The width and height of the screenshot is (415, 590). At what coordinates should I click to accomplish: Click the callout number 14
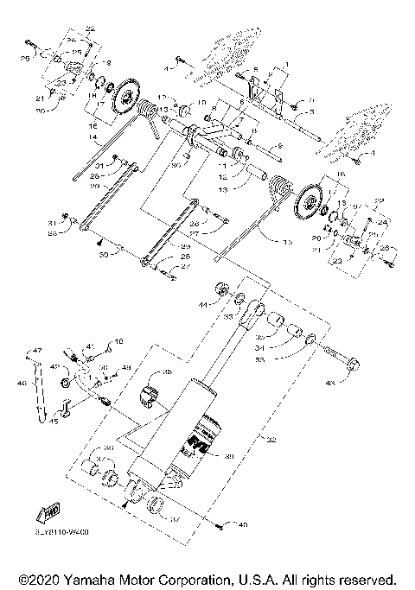pos(93,136)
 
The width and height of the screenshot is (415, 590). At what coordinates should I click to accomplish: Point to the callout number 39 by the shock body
pos(229,457)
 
